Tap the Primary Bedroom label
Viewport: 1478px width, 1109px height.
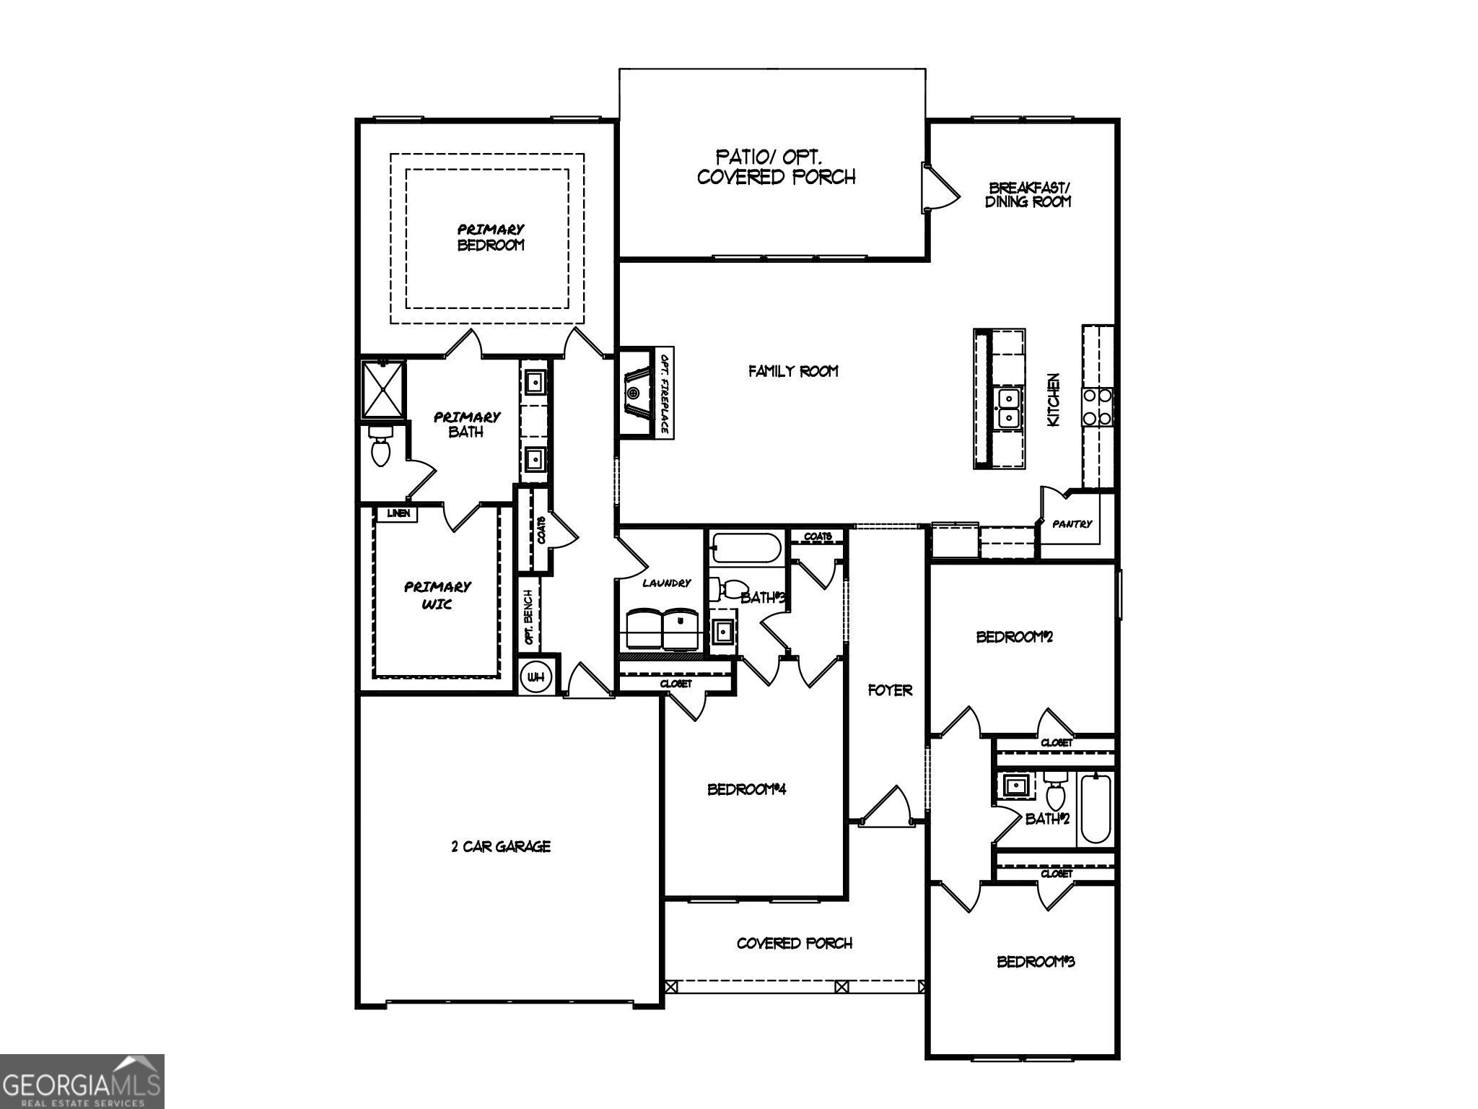pos(491,237)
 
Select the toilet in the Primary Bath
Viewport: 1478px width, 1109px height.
pos(380,446)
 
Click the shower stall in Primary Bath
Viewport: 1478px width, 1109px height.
pos(383,389)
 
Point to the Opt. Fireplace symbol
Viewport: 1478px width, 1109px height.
pos(636,393)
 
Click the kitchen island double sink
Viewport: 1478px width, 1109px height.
pos(1007,408)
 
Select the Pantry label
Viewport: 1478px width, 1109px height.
pos(1072,524)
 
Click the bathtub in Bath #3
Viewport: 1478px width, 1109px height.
pos(745,549)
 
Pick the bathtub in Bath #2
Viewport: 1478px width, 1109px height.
pos(1096,807)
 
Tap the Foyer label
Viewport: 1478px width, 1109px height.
pos(890,690)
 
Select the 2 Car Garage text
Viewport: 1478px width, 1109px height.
pos(501,846)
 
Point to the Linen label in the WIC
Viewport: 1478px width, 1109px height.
pos(398,513)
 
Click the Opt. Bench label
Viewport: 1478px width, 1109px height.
pos(529,617)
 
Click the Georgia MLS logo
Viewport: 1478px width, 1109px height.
pos(82,1081)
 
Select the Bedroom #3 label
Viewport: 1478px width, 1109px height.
pos(1036,962)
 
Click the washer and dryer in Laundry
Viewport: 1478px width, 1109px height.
pos(662,629)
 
